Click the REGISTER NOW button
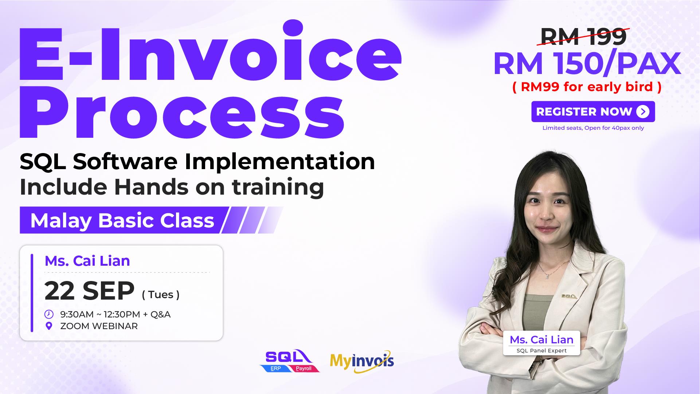point(593,112)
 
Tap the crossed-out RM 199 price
point(583,36)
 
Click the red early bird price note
point(587,87)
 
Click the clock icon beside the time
point(49,314)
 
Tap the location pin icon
point(49,326)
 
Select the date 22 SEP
point(90,291)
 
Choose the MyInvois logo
point(362,361)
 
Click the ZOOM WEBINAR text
point(99,326)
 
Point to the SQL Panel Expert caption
point(541,351)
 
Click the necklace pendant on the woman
point(547,277)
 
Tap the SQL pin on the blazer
point(568,296)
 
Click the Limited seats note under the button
point(593,128)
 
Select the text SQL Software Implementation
point(198,161)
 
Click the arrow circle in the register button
point(643,112)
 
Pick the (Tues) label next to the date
point(161,294)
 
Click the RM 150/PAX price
point(587,64)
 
